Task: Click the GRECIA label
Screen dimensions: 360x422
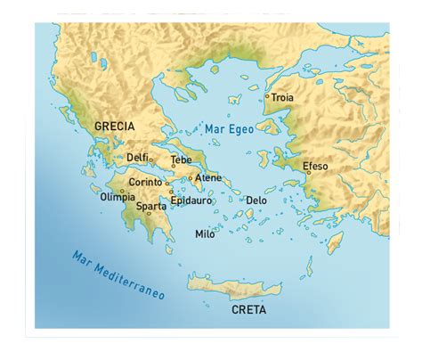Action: point(115,126)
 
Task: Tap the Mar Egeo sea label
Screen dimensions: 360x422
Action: point(230,130)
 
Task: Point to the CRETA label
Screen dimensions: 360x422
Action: point(248,310)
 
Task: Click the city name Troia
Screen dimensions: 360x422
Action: point(281,97)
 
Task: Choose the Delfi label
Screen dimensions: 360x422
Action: point(137,157)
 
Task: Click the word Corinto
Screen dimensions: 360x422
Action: point(145,182)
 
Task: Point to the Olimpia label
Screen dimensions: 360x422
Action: point(118,196)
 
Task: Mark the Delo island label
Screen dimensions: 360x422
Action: point(256,200)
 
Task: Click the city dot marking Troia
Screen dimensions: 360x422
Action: point(267,96)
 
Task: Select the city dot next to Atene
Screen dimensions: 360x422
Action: point(190,178)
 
